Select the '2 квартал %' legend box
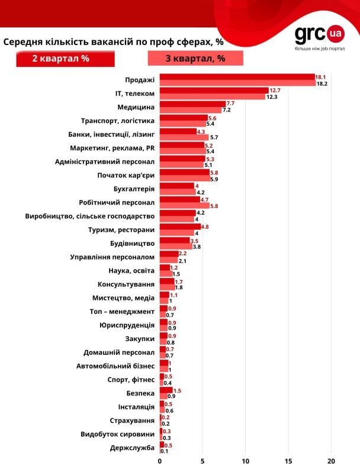pos(65,59)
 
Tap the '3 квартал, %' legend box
pos(195,59)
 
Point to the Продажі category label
pos(140,79)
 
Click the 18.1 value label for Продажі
pos(321,77)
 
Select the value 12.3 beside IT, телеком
pos(272,97)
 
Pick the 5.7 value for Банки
pos(214,137)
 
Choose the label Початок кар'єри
pos(126,175)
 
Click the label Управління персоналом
pos(112,257)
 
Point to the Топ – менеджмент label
pos(122,311)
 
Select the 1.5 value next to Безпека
pos(178,390)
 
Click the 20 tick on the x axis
pos(332,461)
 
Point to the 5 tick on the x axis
pos(202,461)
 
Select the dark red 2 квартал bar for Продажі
pos(237,77)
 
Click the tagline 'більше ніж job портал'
pos(320,48)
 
